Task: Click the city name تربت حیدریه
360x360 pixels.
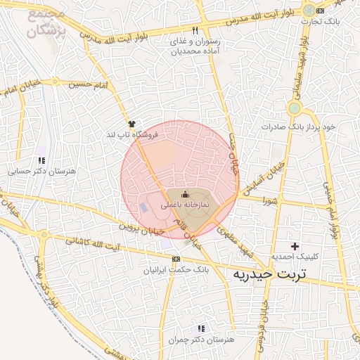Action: (270, 273)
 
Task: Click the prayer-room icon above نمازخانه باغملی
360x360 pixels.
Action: (185, 194)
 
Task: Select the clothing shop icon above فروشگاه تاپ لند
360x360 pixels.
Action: (132, 122)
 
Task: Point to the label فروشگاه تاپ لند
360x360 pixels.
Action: (132, 134)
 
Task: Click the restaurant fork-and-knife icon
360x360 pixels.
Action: (195, 30)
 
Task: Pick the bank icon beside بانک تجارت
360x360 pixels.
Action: (321, 11)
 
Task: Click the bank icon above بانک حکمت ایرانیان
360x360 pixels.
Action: (175, 259)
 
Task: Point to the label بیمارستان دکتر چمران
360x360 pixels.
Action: (201, 340)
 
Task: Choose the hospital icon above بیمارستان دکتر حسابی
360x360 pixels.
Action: (42, 160)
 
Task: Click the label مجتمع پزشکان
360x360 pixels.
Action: (46, 23)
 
